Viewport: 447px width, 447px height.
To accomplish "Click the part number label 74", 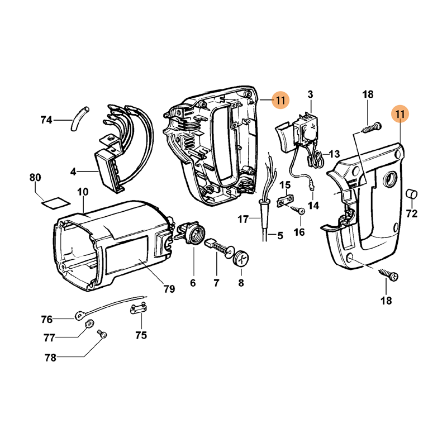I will tap(46, 120).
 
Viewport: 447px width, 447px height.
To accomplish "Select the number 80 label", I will tap(35, 178).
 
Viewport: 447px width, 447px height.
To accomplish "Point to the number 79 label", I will tap(169, 289).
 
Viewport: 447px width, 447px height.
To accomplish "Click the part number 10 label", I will tap(83, 192).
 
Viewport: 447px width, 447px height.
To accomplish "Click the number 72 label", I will tap(412, 213).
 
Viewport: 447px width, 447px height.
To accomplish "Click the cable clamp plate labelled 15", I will tap(286, 199).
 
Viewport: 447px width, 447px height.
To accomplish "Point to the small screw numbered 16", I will tap(299, 211).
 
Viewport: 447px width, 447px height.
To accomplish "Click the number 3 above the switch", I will tap(310, 94).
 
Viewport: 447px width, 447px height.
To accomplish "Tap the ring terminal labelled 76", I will tap(79, 317).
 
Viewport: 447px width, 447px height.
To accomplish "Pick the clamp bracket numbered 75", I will tap(140, 308).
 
